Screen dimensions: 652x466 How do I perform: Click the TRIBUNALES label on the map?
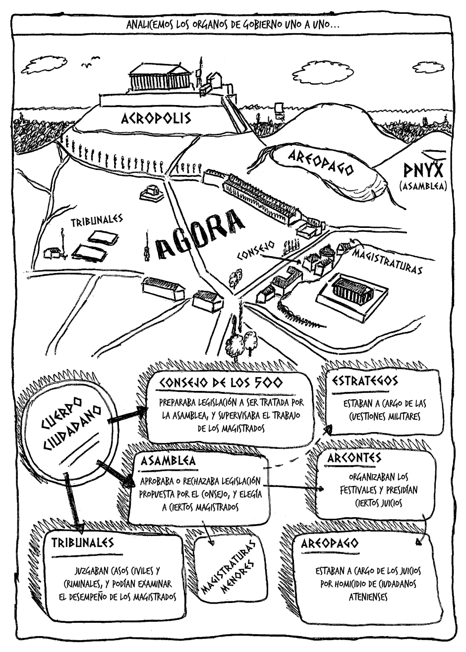[97, 221]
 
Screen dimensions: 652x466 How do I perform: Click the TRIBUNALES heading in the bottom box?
[82, 542]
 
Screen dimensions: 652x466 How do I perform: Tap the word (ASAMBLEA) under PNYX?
[423, 187]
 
